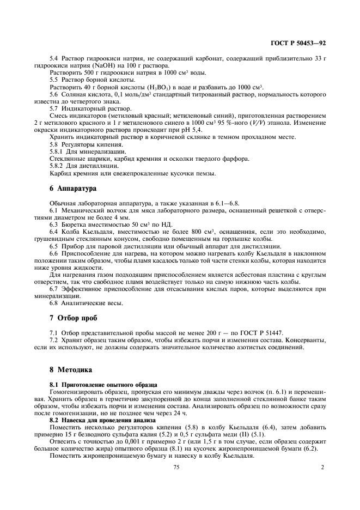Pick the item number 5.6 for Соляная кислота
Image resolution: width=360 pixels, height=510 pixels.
click(x=55, y=94)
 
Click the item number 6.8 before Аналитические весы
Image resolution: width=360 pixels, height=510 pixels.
click(x=55, y=302)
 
